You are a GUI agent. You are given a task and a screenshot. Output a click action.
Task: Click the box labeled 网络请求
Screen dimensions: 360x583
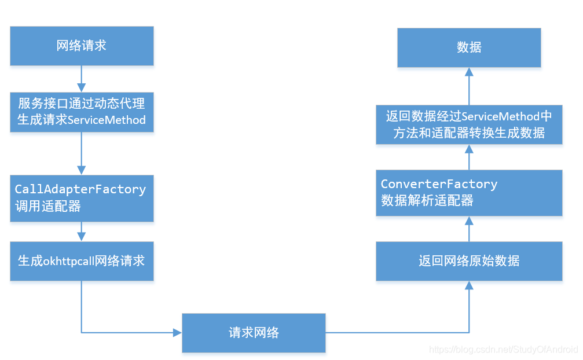pos(82,46)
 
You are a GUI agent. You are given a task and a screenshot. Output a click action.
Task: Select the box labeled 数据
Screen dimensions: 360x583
pos(468,47)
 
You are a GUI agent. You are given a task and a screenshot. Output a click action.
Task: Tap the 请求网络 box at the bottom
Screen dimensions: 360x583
pos(254,333)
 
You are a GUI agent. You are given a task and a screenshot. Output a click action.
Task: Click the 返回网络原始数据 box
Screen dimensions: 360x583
pos(468,261)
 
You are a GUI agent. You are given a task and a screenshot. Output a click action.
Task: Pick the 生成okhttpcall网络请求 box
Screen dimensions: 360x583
pos(82,261)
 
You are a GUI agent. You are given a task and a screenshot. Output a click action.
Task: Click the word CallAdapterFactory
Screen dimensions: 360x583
pos(80,189)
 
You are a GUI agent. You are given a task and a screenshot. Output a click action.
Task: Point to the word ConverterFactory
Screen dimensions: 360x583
pos(439,184)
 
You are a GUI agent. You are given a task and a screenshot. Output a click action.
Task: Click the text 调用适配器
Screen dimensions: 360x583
pos(48,206)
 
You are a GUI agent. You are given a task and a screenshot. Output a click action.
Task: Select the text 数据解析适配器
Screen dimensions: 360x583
pos(427,201)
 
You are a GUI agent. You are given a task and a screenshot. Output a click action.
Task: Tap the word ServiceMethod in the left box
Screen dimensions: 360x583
pos(107,120)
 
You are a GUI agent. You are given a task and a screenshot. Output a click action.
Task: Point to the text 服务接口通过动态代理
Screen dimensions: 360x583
pos(82,104)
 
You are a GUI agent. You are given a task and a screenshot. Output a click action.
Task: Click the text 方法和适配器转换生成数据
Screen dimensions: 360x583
pos(469,133)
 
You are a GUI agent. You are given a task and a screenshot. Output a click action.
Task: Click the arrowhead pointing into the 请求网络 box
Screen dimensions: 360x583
pos(177,333)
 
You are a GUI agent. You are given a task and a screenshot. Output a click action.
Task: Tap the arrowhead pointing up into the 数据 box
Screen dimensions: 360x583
pos(469,72)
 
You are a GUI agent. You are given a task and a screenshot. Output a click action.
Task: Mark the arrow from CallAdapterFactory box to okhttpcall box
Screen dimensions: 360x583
pos(82,232)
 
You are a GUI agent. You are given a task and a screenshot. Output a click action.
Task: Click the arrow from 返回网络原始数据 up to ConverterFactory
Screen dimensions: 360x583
pos(469,229)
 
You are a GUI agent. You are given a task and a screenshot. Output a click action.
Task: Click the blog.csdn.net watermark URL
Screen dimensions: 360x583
pos(503,350)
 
